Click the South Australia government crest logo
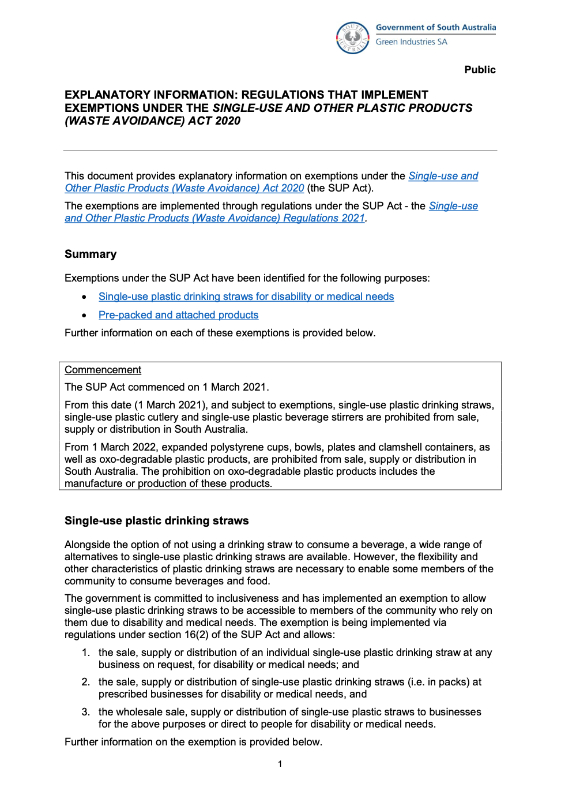[x=352, y=38]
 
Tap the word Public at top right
[x=480, y=70]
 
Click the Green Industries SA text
[x=411, y=42]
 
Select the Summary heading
[x=91, y=254]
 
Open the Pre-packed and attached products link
[x=178, y=315]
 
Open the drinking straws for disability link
[x=246, y=297]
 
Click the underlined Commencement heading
[x=103, y=370]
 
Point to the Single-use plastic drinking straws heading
[x=156, y=521]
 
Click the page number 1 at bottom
[x=280, y=764]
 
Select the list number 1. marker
[x=86, y=653]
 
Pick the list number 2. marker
[x=86, y=682]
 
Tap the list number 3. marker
[x=86, y=712]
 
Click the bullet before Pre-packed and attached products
[x=84, y=316]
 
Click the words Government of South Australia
[x=435, y=27]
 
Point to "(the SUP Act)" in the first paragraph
[x=340, y=188]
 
